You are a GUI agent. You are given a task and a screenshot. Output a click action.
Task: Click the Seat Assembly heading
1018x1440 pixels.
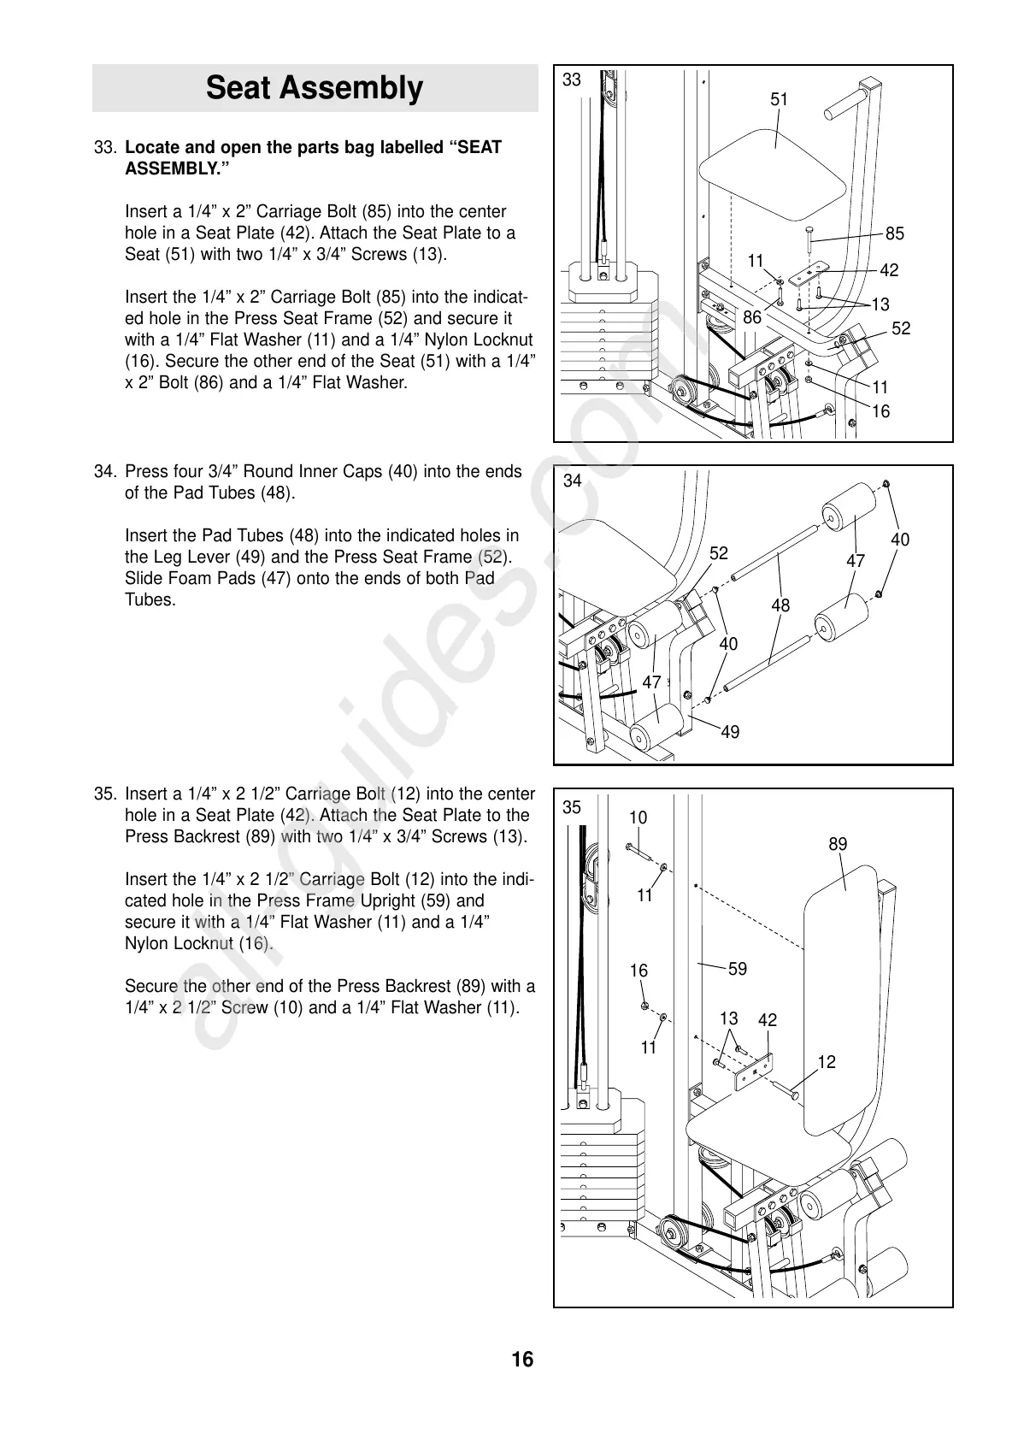(x=315, y=88)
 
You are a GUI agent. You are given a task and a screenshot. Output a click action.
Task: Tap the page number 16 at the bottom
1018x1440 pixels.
(x=522, y=1359)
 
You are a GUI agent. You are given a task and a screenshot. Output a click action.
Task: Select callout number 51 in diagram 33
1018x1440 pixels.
(x=779, y=100)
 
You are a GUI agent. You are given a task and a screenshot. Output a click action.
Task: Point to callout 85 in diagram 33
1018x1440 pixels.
(x=894, y=233)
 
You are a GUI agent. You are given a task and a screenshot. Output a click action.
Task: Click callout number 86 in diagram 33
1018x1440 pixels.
(x=752, y=317)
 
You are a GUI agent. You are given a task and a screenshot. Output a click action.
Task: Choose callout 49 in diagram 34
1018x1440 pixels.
(x=730, y=732)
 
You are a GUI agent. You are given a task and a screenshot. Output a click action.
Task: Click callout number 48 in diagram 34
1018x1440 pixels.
(x=780, y=605)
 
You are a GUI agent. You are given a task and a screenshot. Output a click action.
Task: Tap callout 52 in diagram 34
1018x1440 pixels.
(x=719, y=553)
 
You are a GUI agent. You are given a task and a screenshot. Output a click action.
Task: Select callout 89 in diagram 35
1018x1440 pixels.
(x=838, y=844)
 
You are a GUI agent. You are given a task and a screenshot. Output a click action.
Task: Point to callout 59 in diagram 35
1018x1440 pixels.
(x=737, y=969)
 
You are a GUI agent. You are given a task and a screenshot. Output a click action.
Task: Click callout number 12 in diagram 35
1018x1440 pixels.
(x=827, y=1062)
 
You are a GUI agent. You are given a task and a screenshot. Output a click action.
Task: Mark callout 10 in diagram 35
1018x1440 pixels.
(x=638, y=817)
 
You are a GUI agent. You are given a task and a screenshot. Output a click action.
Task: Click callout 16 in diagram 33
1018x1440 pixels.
(x=880, y=411)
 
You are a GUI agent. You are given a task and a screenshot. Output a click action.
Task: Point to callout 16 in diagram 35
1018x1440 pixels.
(x=639, y=971)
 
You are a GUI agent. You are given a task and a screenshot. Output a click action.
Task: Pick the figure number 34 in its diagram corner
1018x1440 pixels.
(x=573, y=481)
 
